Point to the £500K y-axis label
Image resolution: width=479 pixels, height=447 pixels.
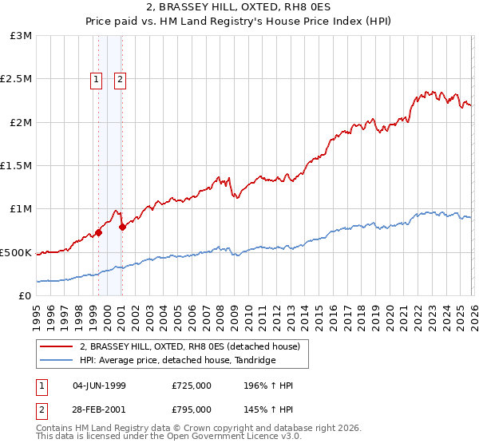tap(15, 252)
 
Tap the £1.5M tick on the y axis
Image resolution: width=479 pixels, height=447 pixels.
tap(15, 166)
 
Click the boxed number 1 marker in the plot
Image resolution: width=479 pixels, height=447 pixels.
tap(97, 79)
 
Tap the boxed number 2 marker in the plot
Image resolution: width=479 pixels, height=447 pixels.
tap(121, 79)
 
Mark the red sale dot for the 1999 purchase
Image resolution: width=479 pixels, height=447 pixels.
tap(98, 233)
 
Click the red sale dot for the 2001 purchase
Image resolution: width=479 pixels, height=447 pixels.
tap(122, 227)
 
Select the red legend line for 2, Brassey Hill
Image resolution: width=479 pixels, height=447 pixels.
tap(57, 347)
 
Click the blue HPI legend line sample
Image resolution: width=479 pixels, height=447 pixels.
tap(57, 361)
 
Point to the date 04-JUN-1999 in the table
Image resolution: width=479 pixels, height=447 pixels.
tap(99, 386)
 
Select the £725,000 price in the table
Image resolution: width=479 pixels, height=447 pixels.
tap(192, 386)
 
